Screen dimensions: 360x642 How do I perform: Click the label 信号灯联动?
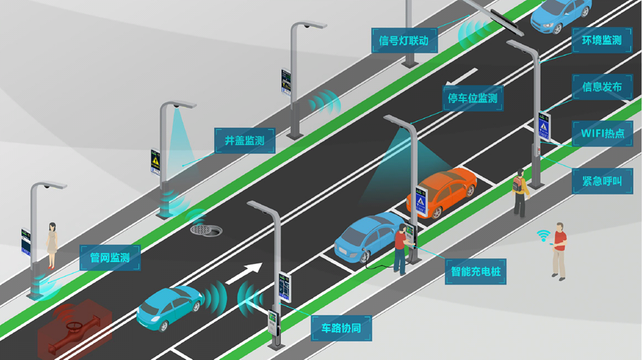pos(404,40)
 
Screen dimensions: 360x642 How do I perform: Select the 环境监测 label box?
pos(602,40)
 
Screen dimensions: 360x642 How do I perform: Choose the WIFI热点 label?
pos(602,133)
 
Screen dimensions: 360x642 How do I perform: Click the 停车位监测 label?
pos(473,98)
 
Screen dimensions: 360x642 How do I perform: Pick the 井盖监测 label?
pos(244,141)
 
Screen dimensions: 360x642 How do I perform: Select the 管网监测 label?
pos(110,257)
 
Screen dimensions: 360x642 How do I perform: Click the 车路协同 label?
pos(341,328)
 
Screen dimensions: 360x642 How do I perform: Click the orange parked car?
pos(441,191)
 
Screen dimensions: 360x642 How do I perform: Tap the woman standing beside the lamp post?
pos(52,246)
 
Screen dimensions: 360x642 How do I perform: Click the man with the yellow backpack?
pos(520,192)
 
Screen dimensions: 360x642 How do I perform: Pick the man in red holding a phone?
pos(559,250)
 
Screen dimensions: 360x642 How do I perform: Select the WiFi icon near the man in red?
pos(543,236)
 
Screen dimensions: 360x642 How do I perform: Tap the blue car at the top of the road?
pos(561,15)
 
